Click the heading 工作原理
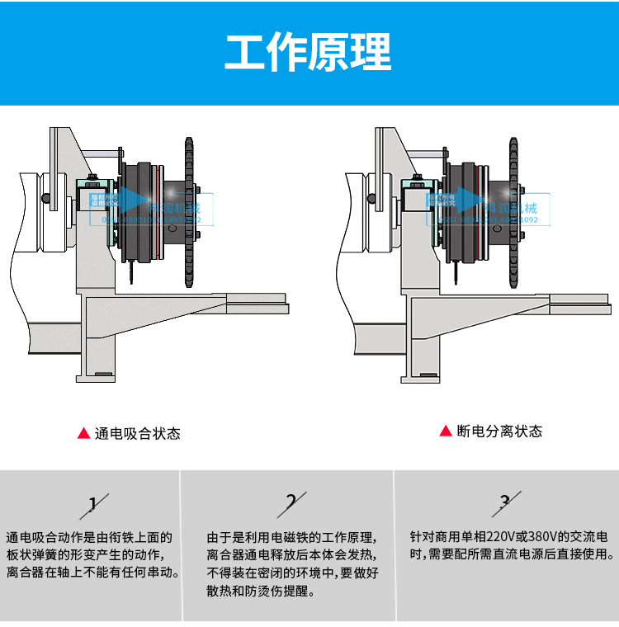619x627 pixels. click(309, 52)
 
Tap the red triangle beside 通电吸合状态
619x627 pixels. click(83, 433)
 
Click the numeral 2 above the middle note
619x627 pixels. click(291, 502)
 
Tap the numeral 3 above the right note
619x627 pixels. click(505, 501)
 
